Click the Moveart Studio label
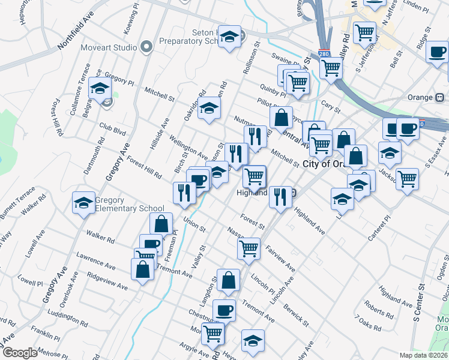(109, 47)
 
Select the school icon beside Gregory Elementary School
(83, 203)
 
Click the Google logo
(20, 353)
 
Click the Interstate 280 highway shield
(324, 53)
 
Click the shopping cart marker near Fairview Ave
(249, 247)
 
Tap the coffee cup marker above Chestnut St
(224, 310)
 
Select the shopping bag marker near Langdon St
(229, 280)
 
